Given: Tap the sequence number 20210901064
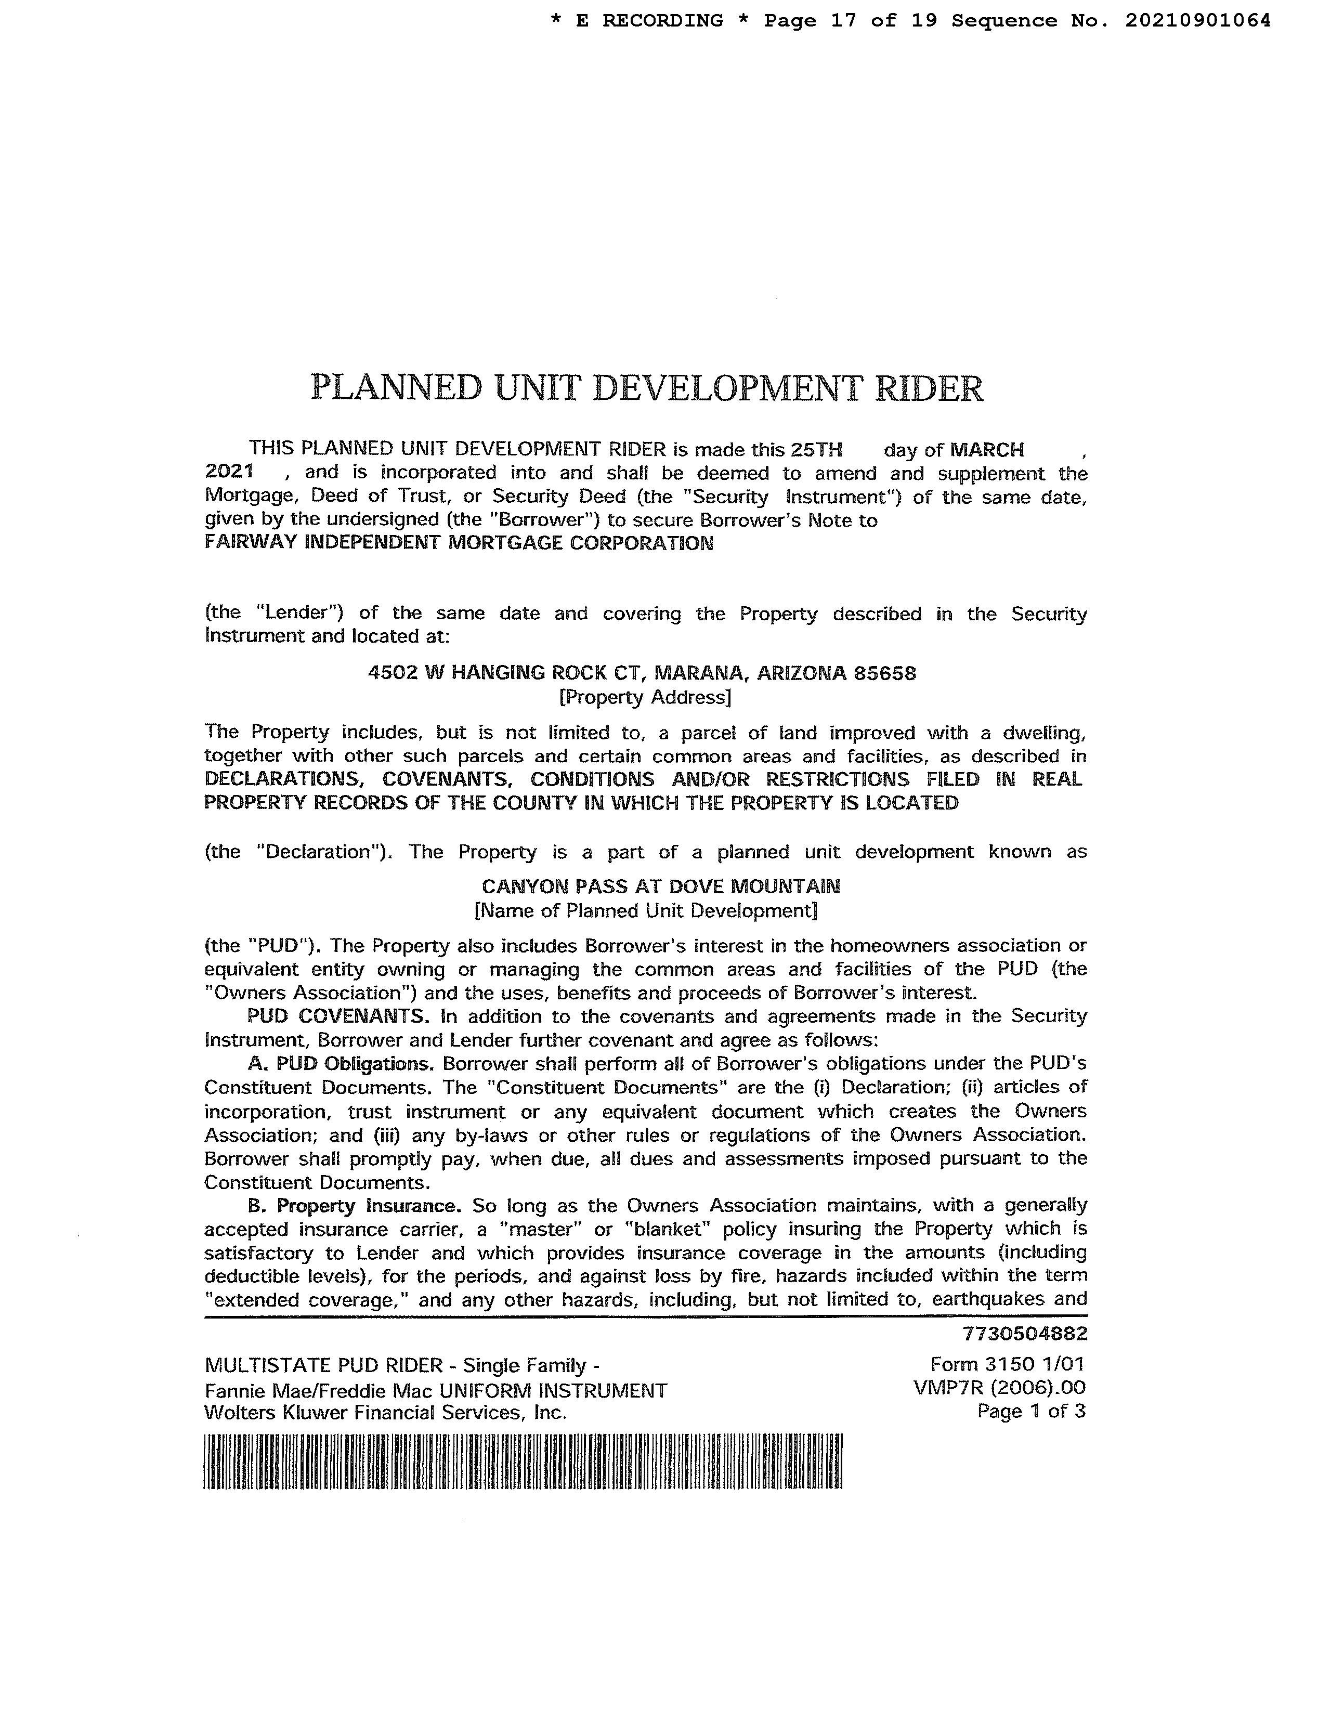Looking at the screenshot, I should click(x=1197, y=20).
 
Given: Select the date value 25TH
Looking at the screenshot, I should click(x=816, y=449).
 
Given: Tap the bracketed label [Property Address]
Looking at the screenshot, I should click(x=645, y=697).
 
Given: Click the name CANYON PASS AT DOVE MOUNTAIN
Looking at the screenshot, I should click(x=661, y=886).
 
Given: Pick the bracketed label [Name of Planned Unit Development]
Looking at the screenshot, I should click(x=645, y=911).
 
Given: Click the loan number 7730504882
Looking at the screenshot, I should click(x=1024, y=1333).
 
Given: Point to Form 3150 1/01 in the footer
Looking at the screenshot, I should click(x=1007, y=1364).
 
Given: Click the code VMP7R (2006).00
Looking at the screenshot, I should click(x=999, y=1388).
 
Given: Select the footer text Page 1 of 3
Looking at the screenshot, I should click(x=1030, y=1412).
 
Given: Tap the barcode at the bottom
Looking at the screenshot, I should click(x=523, y=1461).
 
